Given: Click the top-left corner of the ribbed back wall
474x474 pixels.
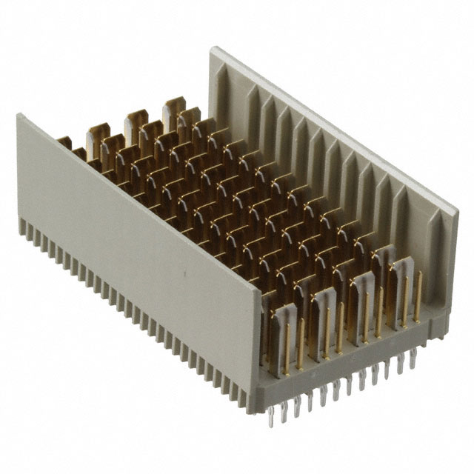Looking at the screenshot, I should pos(214,50).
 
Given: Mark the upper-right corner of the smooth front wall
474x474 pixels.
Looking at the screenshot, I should pos(261,291).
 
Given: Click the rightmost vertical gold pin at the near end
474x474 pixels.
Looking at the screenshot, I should pos(419,296).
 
